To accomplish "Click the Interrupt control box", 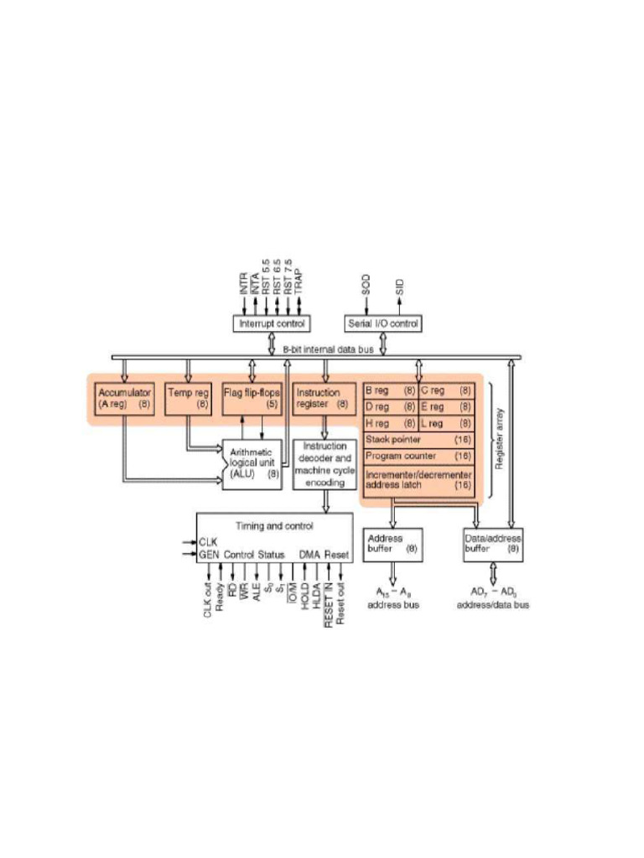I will point(270,323).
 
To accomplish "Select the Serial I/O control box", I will point(383,323).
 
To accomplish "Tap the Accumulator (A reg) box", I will point(124,397).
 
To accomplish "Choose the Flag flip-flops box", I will point(252,397).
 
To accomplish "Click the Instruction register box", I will point(324,397).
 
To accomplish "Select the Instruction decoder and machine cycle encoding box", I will point(324,463).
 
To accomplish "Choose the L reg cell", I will point(446,423).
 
